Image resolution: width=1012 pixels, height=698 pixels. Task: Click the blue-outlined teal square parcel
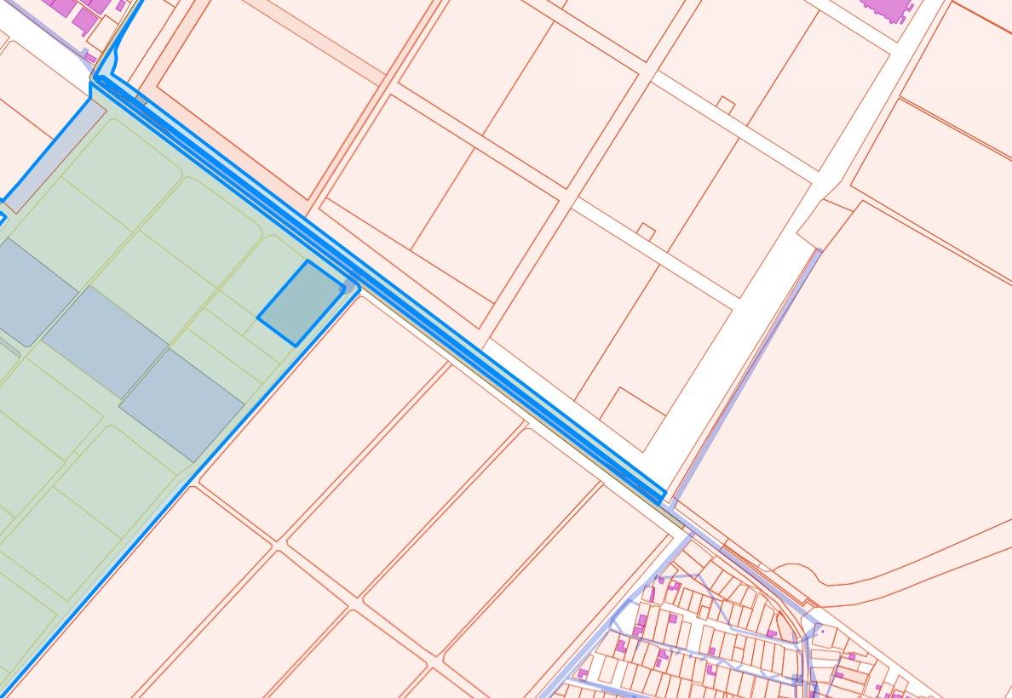click(x=301, y=303)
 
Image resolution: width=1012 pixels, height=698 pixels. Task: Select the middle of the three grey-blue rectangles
click(x=105, y=341)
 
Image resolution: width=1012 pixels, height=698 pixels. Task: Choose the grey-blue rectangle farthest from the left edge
click(x=182, y=404)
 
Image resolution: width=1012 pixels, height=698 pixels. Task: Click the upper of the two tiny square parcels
click(x=726, y=106)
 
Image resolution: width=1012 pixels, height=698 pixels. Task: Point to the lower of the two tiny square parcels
click(x=647, y=231)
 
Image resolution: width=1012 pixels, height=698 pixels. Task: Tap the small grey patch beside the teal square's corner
click(x=350, y=288)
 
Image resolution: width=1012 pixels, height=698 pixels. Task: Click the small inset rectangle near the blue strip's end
click(x=632, y=417)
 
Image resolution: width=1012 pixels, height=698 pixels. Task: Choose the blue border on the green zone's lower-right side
click(x=170, y=511)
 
